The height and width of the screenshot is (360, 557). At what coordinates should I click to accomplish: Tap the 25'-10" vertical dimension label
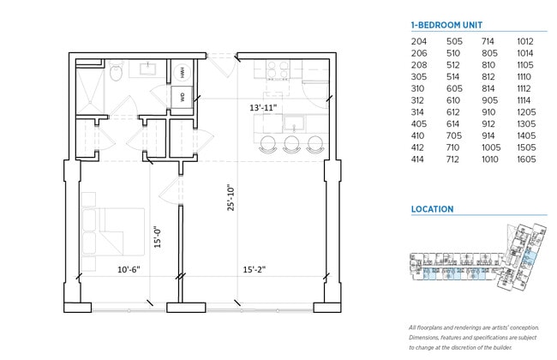229,199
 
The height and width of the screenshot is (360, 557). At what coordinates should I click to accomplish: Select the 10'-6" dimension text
129,270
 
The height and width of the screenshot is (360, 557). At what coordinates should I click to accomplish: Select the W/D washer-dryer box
183,97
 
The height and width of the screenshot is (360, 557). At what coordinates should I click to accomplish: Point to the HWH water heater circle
183,72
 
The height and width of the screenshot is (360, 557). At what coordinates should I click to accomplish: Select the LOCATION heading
432,209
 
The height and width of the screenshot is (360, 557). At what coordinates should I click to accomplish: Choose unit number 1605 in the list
524,159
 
